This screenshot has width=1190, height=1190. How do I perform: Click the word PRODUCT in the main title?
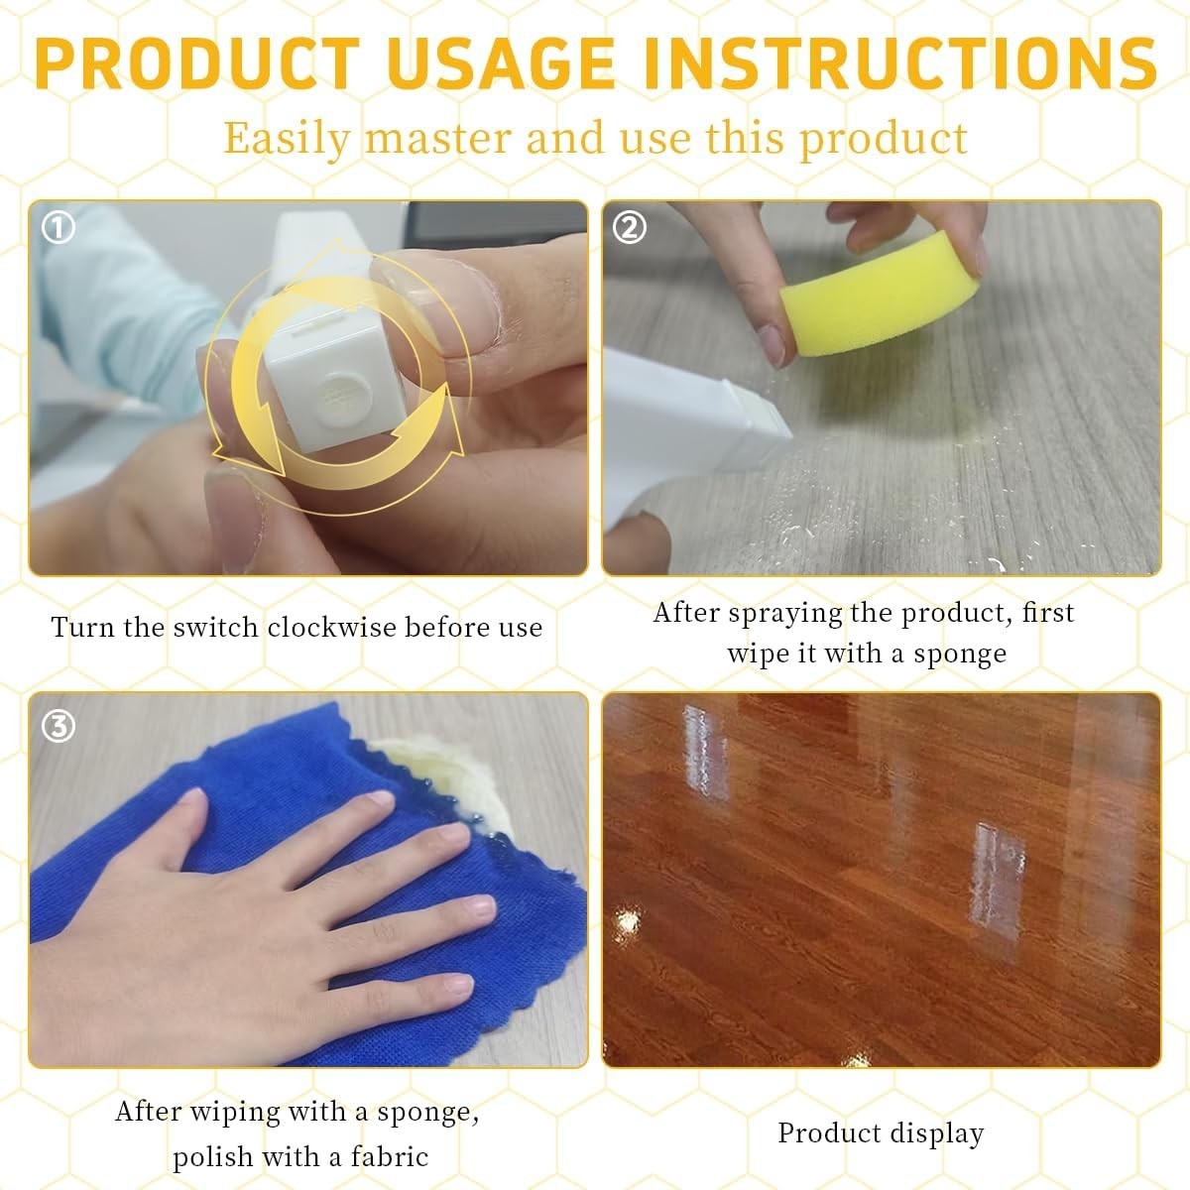197,63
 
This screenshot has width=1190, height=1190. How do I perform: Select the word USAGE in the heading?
502,63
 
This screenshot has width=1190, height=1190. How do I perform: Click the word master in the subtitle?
438,138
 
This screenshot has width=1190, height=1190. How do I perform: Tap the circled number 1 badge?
59,228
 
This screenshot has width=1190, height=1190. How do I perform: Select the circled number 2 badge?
630,228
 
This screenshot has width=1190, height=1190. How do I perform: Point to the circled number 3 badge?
59,726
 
